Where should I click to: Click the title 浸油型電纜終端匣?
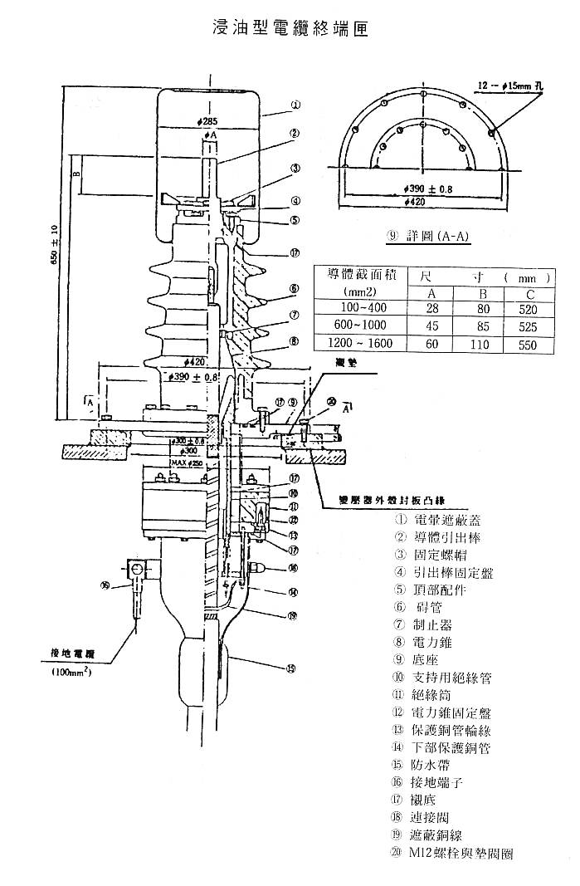point(290,28)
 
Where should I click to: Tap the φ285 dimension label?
point(208,121)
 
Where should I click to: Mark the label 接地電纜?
point(72,655)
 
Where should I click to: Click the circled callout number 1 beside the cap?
point(296,105)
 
